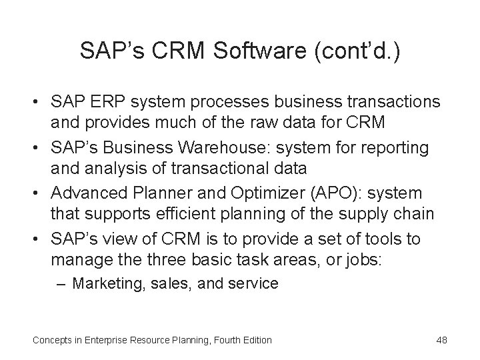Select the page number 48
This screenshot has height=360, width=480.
(x=441, y=340)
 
